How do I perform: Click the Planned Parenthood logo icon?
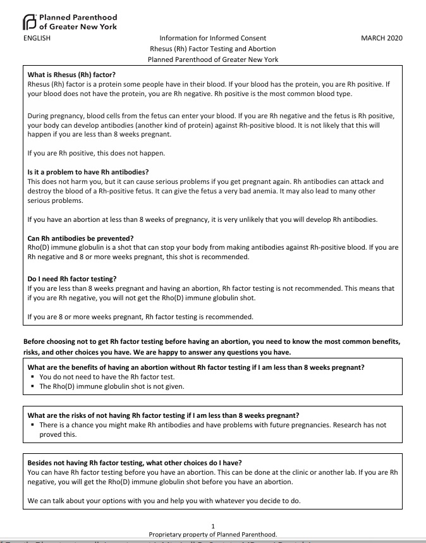(x=29, y=22)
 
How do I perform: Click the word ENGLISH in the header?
(x=37, y=39)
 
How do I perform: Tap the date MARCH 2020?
(x=381, y=39)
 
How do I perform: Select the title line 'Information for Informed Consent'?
(x=212, y=39)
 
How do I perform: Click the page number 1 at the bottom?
(x=213, y=526)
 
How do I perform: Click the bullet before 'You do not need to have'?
(x=32, y=377)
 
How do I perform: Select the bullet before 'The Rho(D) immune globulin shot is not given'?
(x=32, y=386)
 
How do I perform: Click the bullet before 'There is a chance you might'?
(x=32, y=425)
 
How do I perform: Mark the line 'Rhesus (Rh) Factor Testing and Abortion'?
(x=212, y=49)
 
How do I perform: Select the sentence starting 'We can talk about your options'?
(x=164, y=501)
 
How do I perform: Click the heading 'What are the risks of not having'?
(x=163, y=416)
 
